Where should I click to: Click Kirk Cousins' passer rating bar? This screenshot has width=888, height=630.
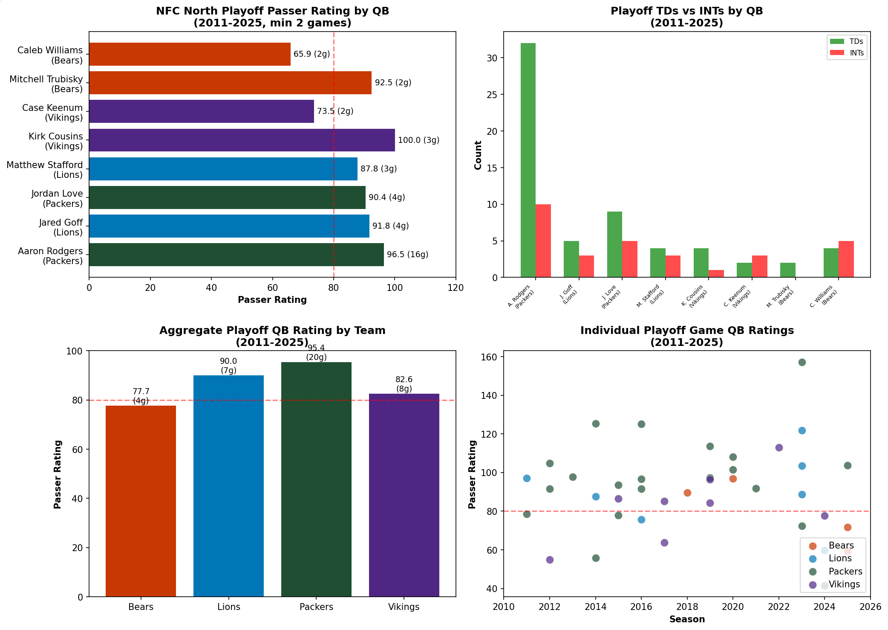click(x=242, y=140)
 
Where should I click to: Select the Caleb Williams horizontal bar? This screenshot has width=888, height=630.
click(x=190, y=54)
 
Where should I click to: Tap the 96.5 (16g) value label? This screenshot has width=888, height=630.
click(x=407, y=255)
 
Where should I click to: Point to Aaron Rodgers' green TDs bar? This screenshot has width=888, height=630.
click(x=528, y=160)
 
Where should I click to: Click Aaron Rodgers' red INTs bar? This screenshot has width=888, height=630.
click(x=543, y=241)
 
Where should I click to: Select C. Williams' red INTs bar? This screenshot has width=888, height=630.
click(x=846, y=259)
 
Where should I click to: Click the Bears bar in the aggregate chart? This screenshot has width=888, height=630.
click(x=141, y=501)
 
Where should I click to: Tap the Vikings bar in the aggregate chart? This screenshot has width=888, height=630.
click(x=404, y=495)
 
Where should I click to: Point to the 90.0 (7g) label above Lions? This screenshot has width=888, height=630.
click(x=228, y=366)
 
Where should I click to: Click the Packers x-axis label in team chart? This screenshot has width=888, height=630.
click(x=316, y=607)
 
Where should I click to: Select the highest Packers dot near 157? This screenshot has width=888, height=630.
click(x=802, y=362)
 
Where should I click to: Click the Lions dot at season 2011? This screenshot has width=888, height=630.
click(x=527, y=478)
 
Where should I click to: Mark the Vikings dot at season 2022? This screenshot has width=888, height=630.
click(x=779, y=447)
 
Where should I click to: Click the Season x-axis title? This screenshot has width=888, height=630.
click(x=687, y=619)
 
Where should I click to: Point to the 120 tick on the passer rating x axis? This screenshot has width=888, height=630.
click(x=456, y=288)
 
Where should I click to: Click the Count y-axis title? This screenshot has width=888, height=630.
click(x=478, y=155)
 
